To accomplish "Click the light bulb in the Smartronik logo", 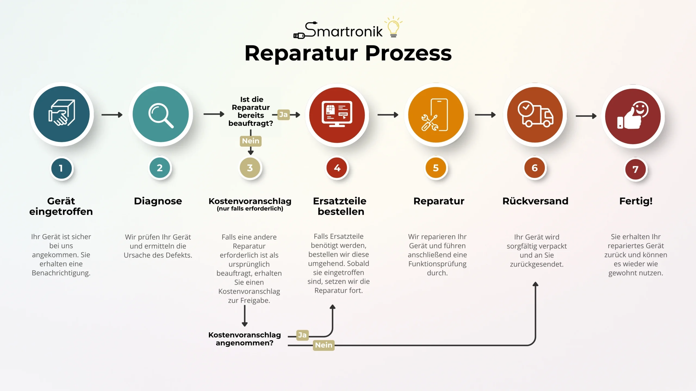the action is (393, 27).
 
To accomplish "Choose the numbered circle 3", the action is (250, 168).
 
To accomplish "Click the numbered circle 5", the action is (436, 168).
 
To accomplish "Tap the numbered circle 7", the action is (635, 169).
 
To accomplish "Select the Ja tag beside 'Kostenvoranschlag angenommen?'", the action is (302, 335).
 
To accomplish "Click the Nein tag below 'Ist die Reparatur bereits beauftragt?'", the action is (251, 141).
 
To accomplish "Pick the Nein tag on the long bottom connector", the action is (324, 345).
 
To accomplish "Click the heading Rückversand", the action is (535, 201).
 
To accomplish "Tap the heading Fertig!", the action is (636, 201).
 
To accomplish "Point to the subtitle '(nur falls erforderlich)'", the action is (250, 209).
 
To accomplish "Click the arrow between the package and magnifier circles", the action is (112, 115).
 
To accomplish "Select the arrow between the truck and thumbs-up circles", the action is (586, 116).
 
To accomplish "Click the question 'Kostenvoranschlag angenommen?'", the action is (245, 339).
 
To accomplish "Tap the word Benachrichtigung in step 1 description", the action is (61, 273).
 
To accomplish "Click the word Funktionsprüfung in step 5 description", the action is (437, 264).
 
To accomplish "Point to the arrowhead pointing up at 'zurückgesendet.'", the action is (535, 284).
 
